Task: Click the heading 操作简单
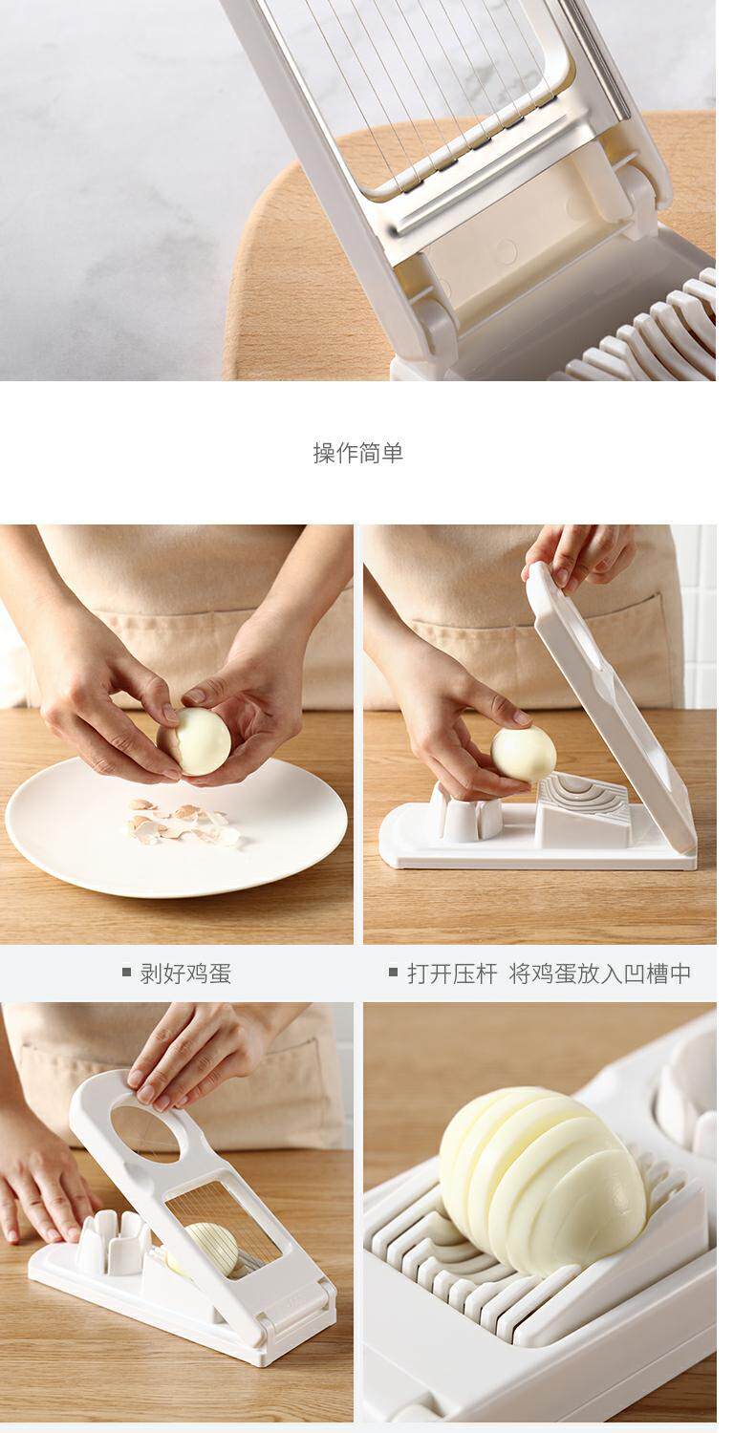point(357,452)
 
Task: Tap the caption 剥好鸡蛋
point(185,973)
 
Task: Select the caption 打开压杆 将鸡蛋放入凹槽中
point(549,973)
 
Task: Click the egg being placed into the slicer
point(524,753)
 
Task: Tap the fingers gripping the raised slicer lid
point(576,557)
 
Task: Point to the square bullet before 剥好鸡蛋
point(127,973)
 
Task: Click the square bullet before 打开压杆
point(394,973)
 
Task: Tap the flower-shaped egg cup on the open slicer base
point(467,812)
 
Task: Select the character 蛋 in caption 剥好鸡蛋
point(220,973)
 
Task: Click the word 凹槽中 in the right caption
point(658,973)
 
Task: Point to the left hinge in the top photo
point(430,325)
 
